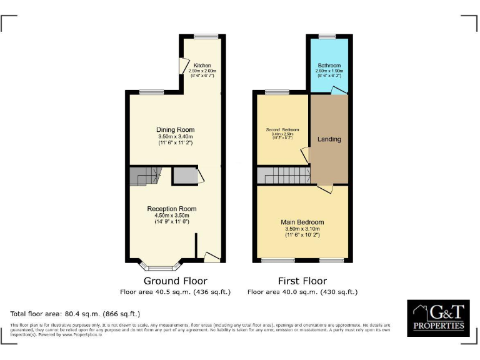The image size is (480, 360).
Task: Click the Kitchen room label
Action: point(202,66)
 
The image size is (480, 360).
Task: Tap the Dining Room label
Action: point(175,130)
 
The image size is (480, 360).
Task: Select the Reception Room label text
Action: point(172,209)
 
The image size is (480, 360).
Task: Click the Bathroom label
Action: point(329,66)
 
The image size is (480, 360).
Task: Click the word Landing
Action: point(329,139)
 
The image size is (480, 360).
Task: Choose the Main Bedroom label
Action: point(302,222)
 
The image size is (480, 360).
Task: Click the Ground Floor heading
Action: point(175,281)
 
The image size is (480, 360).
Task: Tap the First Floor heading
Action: point(302,281)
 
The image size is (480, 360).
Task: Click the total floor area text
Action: point(75,313)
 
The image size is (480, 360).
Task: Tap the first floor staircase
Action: point(284,176)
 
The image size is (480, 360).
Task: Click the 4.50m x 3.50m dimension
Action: point(172,215)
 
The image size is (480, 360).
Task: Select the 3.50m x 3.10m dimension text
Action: point(302,229)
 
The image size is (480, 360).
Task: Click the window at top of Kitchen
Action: point(206,36)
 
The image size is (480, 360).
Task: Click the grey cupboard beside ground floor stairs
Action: point(186,176)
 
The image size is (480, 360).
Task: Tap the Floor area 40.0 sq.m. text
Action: point(302,292)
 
